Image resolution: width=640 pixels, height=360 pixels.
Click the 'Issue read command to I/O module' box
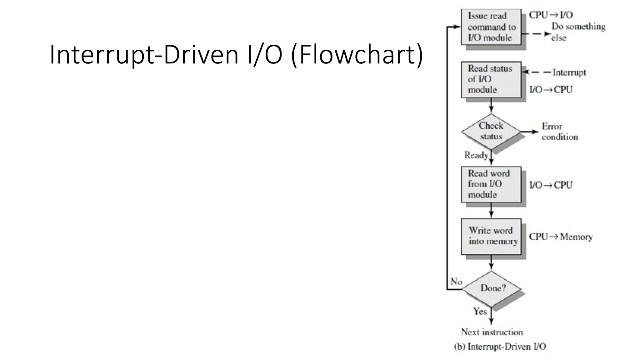coord(491,27)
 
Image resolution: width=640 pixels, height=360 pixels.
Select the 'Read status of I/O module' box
coord(491,79)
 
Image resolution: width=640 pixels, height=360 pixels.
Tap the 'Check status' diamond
coord(491,131)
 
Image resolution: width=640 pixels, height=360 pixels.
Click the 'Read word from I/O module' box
coord(491,184)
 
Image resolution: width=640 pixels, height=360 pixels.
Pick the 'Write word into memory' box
coord(491,236)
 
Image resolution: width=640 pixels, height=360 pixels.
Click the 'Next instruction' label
coord(492,332)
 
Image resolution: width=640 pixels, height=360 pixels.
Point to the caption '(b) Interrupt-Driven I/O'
coord(500,347)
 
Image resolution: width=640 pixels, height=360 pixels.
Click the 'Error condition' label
coord(559,132)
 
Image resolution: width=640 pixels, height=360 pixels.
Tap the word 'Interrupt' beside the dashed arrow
coord(569,72)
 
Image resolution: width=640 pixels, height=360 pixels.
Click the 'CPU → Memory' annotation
coord(561,237)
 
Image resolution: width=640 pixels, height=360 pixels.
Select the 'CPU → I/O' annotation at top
coord(551,15)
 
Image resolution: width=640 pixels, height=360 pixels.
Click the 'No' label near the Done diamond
coord(456,282)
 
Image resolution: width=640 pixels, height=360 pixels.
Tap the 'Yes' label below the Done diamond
coord(480,311)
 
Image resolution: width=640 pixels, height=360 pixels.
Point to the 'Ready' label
coord(476,155)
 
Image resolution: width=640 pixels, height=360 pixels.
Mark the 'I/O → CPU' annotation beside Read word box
coord(551,185)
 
